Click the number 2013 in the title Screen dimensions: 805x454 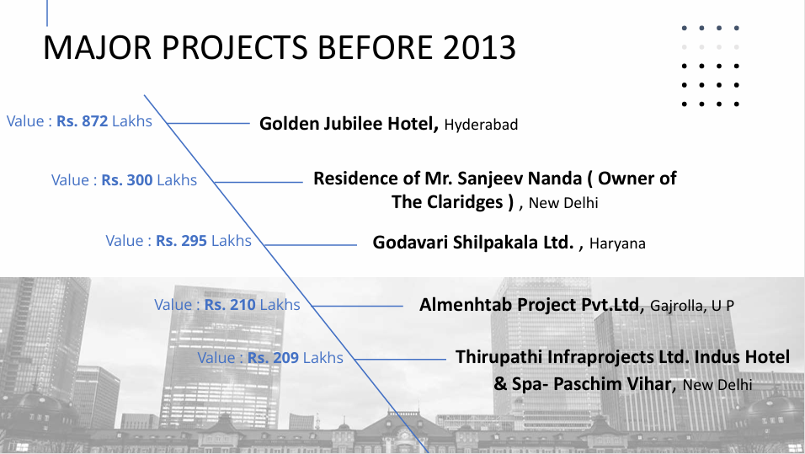coord(478,47)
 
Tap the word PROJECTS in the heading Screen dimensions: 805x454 coord(235,47)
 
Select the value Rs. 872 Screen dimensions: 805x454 coord(83,121)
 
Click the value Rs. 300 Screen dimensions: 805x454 coord(127,180)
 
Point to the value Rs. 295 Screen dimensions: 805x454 coord(181,241)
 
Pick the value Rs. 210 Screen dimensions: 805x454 coord(230,305)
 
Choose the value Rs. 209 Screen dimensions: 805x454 coord(273,357)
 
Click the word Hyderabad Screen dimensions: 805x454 coord(481,125)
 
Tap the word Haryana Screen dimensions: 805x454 coord(617,243)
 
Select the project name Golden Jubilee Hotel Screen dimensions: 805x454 coord(349,124)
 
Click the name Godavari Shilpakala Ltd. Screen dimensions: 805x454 coord(473,242)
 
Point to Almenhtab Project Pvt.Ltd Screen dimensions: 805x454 coord(530,305)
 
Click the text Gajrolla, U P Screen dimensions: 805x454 coord(692,306)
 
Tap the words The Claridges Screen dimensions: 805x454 coord(447,202)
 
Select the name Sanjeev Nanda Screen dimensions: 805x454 coord(519,179)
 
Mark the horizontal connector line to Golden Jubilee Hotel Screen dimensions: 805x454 coord(208,123)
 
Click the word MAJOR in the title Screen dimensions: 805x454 coord(98,47)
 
